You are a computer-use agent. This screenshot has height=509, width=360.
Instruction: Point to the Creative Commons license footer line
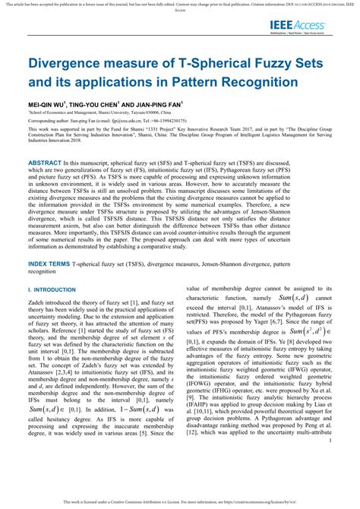(179, 503)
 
